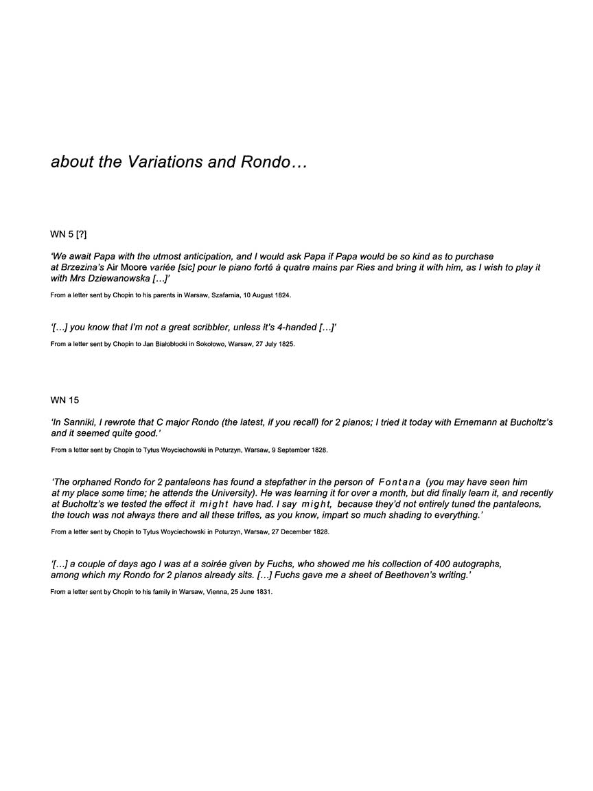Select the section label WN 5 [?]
pos(69,235)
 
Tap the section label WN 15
pos(65,400)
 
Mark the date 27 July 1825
pos(271,344)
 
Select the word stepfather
pos(271,482)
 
